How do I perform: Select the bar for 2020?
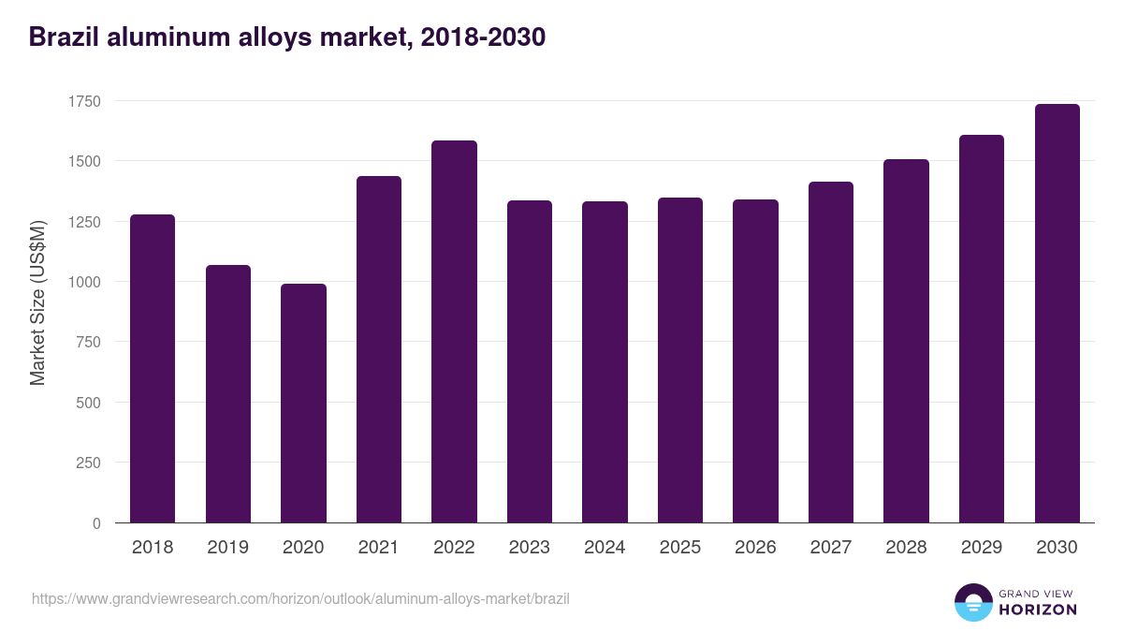pyautogui.click(x=303, y=403)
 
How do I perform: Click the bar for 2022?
pyautogui.click(x=454, y=331)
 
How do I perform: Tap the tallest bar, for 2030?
pyautogui.click(x=1057, y=314)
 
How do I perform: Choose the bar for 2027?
pyautogui.click(x=831, y=352)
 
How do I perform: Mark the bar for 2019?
pyautogui.click(x=228, y=393)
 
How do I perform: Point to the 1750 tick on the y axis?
pyautogui.click(x=86, y=101)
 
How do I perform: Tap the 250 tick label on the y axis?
pyautogui.click(x=90, y=463)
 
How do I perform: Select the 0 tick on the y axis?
pyautogui.click(x=96, y=523)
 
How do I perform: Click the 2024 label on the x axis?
pyautogui.click(x=605, y=548)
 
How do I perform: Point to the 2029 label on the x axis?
pyautogui.click(x=981, y=548)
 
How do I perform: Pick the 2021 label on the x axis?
pyautogui.click(x=378, y=548)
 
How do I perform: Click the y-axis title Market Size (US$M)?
pyautogui.click(x=37, y=301)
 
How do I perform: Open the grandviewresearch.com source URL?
pyautogui.click(x=300, y=598)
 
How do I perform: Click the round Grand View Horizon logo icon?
pyautogui.click(x=972, y=602)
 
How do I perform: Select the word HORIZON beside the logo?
pyautogui.click(x=1038, y=610)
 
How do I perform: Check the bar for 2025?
pyautogui.click(x=680, y=360)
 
